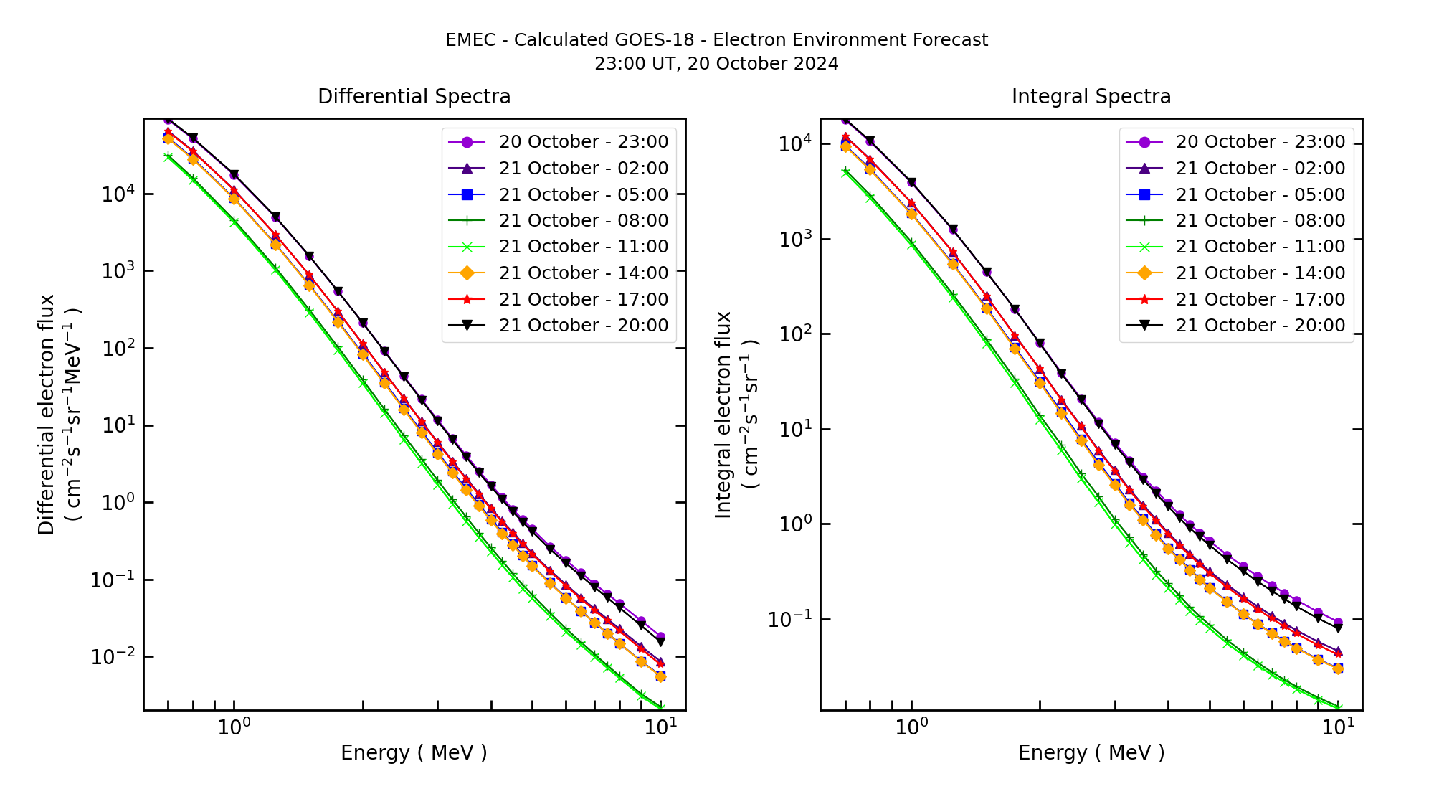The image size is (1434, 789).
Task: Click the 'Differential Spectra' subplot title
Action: (414, 96)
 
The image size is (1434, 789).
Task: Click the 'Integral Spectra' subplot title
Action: (1091, 96)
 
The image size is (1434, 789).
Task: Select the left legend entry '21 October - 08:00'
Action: (583, 221)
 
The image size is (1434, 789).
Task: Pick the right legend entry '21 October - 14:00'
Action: (1260, 273)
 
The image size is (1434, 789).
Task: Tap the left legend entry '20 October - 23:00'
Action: (583, 142)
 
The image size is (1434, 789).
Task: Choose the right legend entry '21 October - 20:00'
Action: (1260, 326)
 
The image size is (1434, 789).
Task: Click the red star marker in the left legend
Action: (467, 300)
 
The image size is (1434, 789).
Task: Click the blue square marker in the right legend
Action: (1144, 194)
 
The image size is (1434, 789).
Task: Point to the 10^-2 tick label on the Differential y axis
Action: (111, 656)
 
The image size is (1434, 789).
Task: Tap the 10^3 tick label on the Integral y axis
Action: (797, 239)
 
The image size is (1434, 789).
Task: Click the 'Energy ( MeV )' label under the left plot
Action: (414, 752)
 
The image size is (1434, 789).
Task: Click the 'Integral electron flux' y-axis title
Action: (723, 415)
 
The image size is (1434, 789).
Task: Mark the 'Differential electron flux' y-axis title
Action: (47, 415)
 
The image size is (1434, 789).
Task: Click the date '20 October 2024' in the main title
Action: (762, 64)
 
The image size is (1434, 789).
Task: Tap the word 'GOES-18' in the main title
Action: (660, 40)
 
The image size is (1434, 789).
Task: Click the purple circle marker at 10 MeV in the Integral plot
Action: (1338, 623)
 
